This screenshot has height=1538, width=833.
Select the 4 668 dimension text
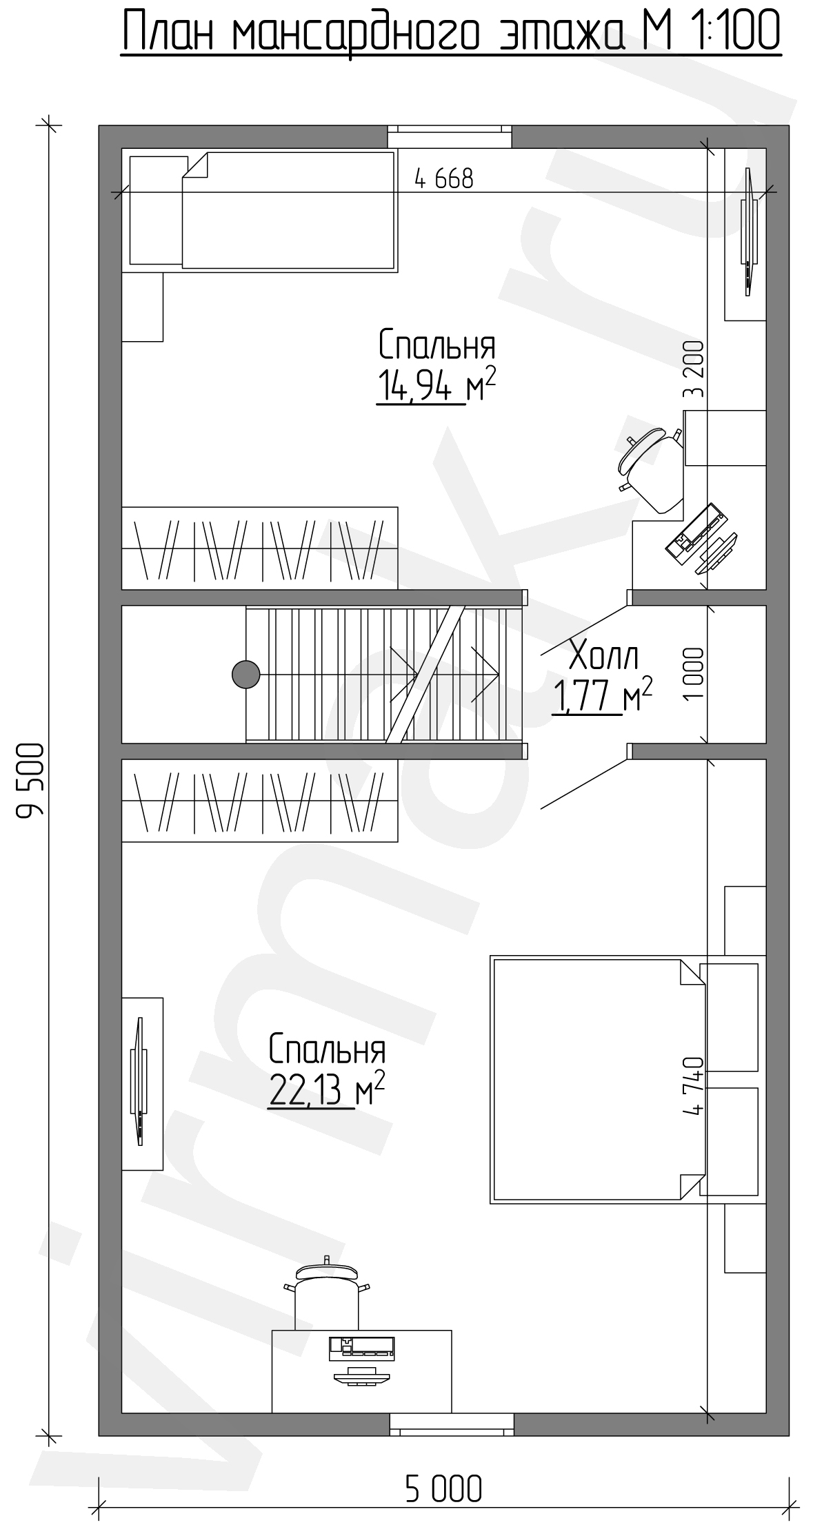(x=444, y=179)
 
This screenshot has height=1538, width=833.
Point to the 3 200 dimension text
(x=694, y=370)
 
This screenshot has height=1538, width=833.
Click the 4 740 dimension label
(x=694, y=1085)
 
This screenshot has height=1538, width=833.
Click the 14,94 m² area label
(x=436, y=385)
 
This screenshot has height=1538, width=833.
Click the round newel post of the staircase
(x=245, y=674)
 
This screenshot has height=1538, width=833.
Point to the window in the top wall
(x=450, y=136)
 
